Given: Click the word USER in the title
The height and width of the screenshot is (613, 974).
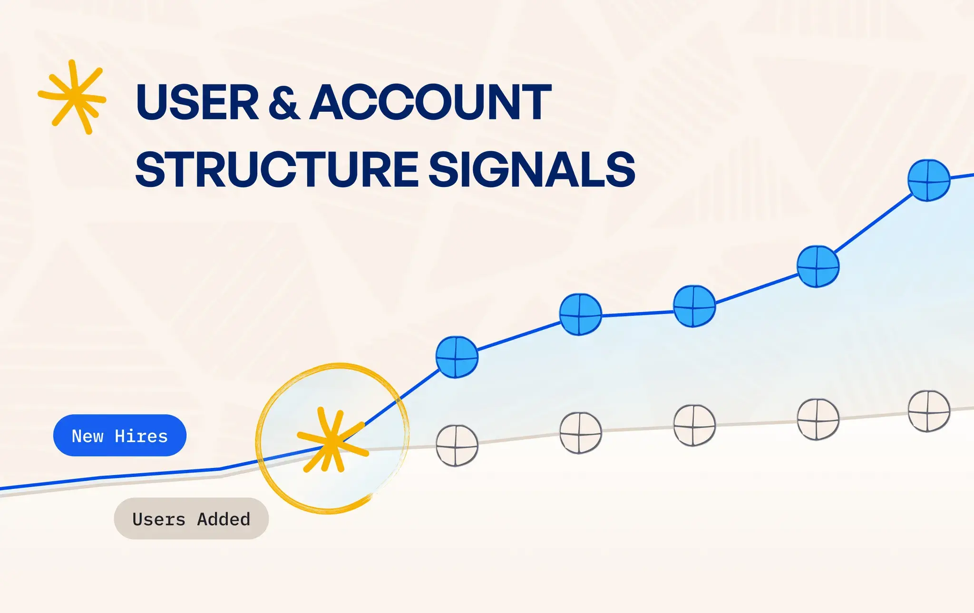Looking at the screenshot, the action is coord(197,102).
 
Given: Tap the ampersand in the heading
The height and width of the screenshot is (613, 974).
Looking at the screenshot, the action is coord(284,102).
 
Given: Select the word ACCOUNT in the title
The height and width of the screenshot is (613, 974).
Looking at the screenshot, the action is coord(430,102).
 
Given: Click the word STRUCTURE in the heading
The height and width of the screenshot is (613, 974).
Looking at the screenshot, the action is coord(277,169).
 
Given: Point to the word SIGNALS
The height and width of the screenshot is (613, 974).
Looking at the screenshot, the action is coord(532,169).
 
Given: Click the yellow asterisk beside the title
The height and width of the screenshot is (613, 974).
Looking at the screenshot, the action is coord(72,97).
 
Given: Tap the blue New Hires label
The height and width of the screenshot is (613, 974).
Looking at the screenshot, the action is coord(120,436).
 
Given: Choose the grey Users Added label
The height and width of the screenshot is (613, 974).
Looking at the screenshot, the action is coord(191,519).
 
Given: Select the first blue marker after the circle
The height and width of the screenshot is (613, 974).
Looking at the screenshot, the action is coord(457,357).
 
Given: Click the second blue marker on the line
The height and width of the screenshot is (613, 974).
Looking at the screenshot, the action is coord(580,314).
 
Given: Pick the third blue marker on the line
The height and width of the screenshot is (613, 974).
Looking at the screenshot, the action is coord(694,306).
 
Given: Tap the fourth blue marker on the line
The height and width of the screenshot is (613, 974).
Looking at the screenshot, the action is coord(818,267).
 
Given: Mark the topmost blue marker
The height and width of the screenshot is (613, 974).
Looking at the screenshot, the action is coord(929,180).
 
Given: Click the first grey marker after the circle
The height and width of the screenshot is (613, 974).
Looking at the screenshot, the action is coord(457,446).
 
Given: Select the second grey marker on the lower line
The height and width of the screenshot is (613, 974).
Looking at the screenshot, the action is coord(580,433).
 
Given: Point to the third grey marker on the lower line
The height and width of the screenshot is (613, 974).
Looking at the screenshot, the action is coord(694,425).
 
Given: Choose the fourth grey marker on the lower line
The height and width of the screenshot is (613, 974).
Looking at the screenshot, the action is coord(818,419).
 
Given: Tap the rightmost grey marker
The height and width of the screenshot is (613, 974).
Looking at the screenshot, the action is coord(929,411).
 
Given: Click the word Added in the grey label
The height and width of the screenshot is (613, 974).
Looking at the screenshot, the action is coord(224,519).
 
